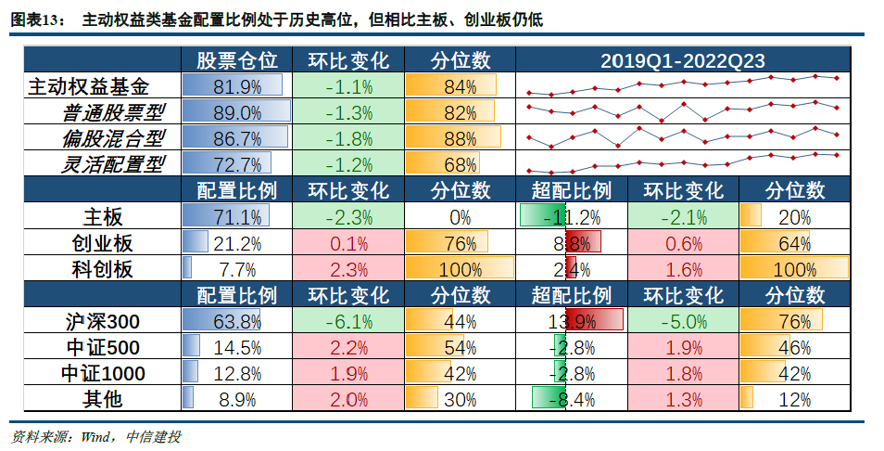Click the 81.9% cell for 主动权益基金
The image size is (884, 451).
pyautogui.click(x=236, y=88)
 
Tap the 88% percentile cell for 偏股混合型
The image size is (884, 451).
pyautogui.click(x=461, y=140)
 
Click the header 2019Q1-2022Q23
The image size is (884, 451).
pyautogui.click(x=682, y=61)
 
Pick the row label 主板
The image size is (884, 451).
pyautogui.click(x=102, y=218)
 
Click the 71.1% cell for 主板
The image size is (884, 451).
pyautogui.click(x=236, y=218)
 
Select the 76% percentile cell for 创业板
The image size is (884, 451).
pyautogui.click(x=461, y=244)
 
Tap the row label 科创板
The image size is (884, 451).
pyautogui.click(x=102, y=270)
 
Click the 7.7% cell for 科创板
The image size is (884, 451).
pyautogui.click(x=236, y=270)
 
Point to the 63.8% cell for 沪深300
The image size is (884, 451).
pyautogui.click(x=236, y=322)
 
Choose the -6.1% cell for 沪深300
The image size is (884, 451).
pyautogui.click(x=348, y=322)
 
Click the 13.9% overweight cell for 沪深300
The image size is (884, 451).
pyautogui.click(x=572, y=322)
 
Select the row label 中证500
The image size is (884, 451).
pyautogui.click(x=102, y=348)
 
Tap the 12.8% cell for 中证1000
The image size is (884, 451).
pyautogui.click(x=236, y=374)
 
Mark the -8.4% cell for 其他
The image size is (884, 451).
pyautogui.click(x=572, y=400)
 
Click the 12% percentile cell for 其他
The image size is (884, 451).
pyautogui.click(x=794, y=400)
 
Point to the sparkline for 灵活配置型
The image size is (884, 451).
pyautogui.click(x=682, y=163)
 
